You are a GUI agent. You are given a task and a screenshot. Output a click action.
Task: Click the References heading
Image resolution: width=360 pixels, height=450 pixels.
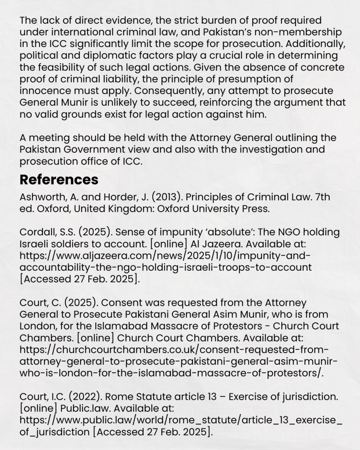59,180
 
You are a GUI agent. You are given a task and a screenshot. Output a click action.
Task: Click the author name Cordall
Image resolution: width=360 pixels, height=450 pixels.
35,232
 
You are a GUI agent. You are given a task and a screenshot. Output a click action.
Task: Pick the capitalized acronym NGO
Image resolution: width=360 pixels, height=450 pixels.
264,232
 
